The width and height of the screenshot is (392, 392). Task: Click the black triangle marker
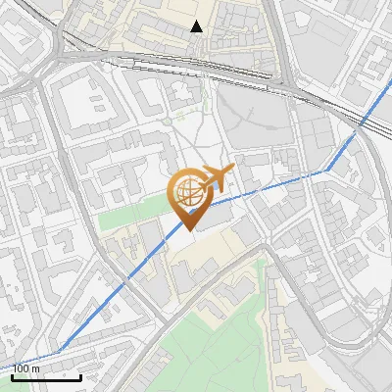197,26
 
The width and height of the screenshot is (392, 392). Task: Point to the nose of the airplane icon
232,171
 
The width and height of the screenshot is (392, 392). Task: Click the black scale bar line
46,376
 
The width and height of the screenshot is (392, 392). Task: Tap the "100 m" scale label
26,368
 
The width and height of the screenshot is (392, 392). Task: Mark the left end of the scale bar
12,376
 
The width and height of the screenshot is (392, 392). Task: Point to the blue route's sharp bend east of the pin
326,170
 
